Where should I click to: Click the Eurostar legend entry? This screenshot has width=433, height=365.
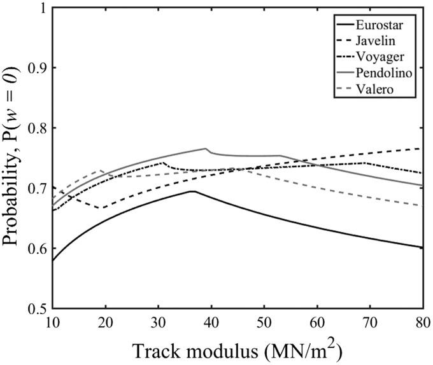click(386, 27)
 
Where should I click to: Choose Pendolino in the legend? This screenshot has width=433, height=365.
click(389, 73)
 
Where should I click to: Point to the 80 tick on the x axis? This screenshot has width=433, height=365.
click(422, 321)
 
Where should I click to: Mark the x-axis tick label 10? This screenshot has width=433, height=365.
click(52, 321)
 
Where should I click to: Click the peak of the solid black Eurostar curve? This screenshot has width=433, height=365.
click(192, 191)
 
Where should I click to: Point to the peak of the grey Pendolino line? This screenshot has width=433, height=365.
click(207, 148)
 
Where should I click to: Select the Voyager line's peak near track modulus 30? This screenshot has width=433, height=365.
click(163, 162)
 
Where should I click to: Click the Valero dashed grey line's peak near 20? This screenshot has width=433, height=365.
click(101, 170)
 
